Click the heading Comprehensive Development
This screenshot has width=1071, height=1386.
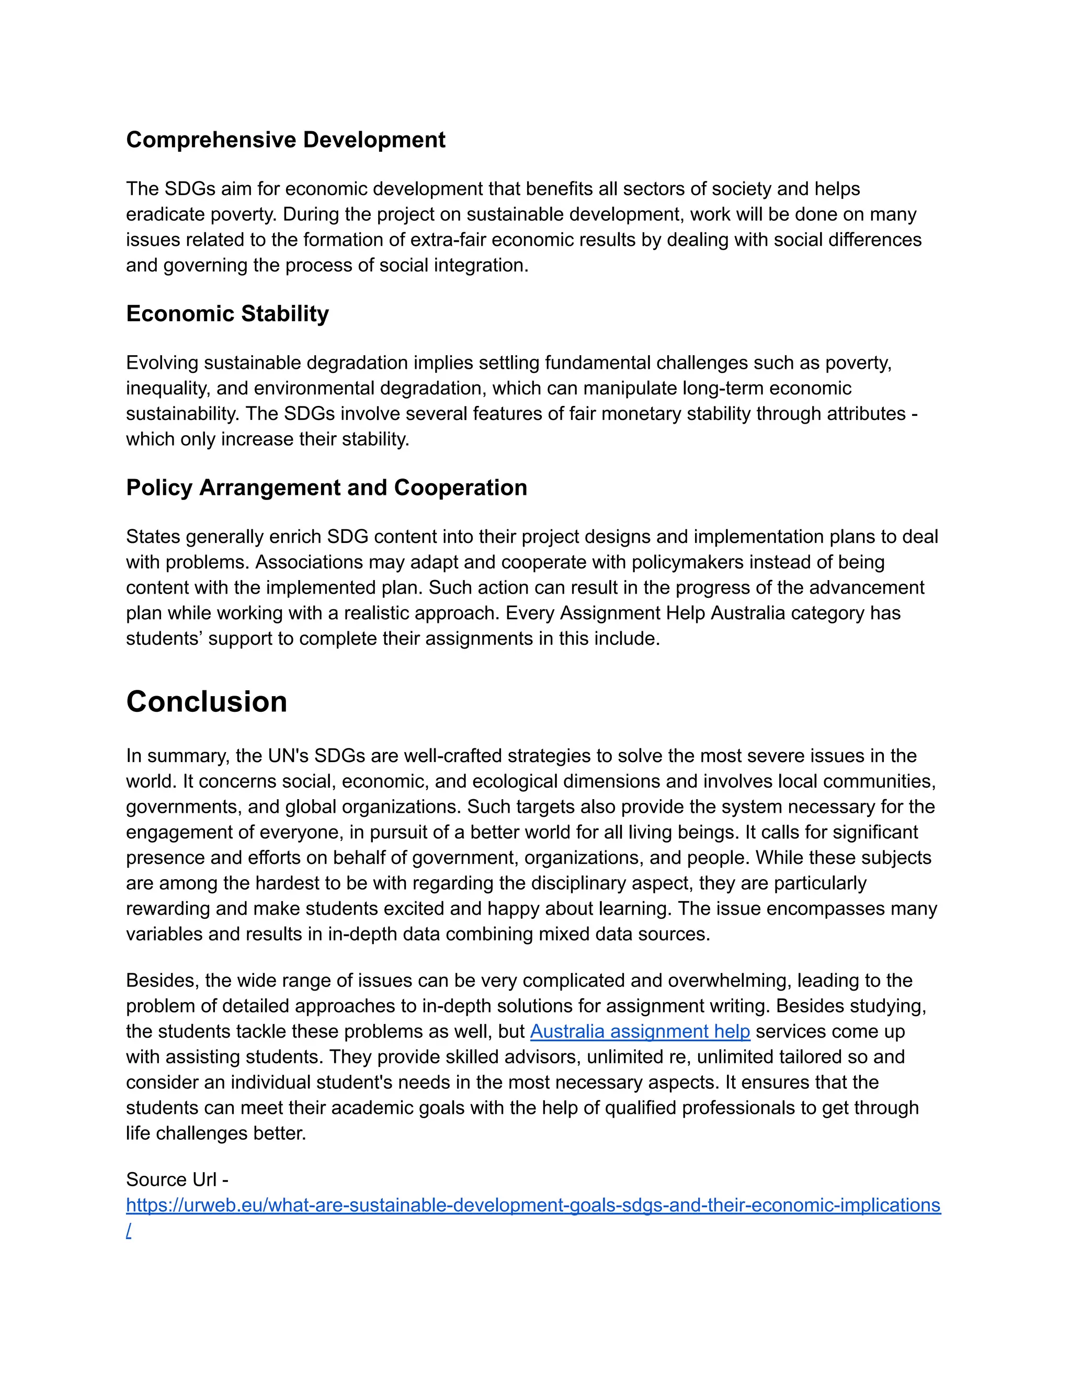(x=286, y=140)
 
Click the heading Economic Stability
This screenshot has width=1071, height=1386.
(x=227, y=313)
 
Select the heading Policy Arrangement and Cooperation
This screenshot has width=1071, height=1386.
(x=326, y=487)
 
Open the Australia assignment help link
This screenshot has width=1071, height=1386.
(x=640, y=1032)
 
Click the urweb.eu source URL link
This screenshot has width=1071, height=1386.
(x=533, y=1205)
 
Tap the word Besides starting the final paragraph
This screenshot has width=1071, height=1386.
(x=163, y=981)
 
